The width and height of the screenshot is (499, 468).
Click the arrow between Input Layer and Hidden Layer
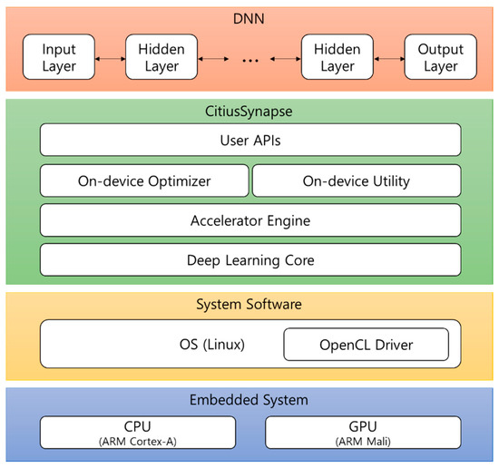(111, 56)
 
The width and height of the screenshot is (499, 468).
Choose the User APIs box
(249, 140)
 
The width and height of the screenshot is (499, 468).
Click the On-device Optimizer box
(144, 180)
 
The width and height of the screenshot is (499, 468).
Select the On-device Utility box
(356, 180)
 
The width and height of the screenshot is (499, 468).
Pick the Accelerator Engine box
(249, 219)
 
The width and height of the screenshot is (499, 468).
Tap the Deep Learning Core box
(249, 259)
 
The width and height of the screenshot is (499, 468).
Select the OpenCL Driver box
(367, 345)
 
